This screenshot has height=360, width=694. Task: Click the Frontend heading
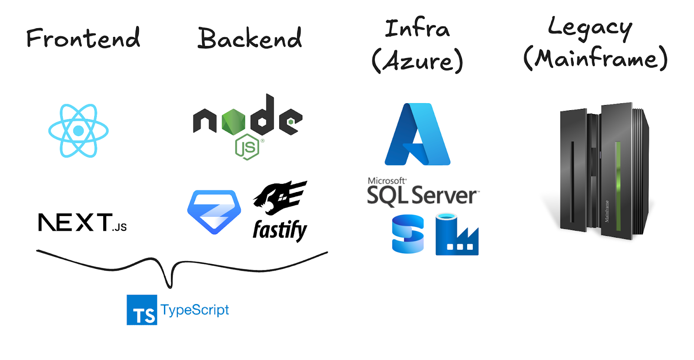83,38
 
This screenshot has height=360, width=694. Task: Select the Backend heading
249,38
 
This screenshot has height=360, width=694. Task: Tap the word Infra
417,29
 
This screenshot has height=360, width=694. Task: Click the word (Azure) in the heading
417,61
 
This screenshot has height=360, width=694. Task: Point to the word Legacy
590,28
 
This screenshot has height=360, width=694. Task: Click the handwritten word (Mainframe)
595,58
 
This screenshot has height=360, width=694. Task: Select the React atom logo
79,131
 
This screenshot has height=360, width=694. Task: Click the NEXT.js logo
82,223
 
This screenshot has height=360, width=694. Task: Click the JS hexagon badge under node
247,147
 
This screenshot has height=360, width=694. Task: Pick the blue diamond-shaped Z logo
214,212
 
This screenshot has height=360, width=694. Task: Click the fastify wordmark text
280,230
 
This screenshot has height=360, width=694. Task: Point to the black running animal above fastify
280,197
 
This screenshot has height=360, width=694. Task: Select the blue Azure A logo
417,134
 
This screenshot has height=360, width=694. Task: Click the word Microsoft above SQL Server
386,181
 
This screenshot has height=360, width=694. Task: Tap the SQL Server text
422,196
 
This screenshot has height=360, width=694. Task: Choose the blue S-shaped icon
408,234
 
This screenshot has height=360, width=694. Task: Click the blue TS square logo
142,310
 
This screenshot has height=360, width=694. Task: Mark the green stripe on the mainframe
618,182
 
